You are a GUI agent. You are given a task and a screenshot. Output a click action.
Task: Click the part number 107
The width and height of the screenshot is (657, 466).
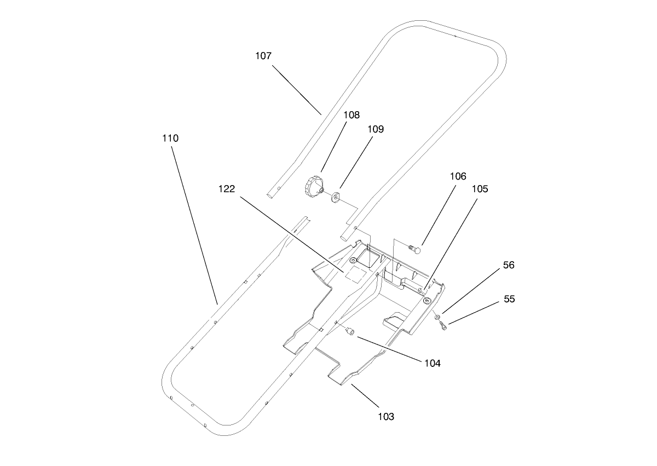point(263,56)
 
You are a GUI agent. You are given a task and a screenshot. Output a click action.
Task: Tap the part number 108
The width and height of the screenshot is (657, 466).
point(351,115)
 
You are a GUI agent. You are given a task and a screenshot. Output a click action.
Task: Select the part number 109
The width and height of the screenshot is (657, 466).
point(376,129)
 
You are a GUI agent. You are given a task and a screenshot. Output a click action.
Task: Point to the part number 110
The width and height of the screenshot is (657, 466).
point(170,139)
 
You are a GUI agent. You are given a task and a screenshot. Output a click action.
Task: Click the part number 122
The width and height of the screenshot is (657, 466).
point(227,189)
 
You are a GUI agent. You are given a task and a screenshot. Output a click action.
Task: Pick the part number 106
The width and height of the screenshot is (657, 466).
point(458,176)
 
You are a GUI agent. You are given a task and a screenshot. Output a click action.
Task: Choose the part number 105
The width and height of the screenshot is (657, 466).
point(480,189)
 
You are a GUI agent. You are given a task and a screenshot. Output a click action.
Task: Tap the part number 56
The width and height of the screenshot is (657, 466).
point(509,265)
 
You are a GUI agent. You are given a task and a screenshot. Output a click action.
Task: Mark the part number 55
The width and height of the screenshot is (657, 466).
point(509,300)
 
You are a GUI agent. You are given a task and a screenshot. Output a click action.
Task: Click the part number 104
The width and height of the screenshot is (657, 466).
point(431,363)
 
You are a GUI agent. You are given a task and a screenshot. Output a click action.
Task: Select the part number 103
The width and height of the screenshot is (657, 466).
point(385,417)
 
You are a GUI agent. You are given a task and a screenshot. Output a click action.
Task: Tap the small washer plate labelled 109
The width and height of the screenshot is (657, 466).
point(335,195)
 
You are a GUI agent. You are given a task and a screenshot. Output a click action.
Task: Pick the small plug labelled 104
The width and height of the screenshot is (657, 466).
point(349,331)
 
